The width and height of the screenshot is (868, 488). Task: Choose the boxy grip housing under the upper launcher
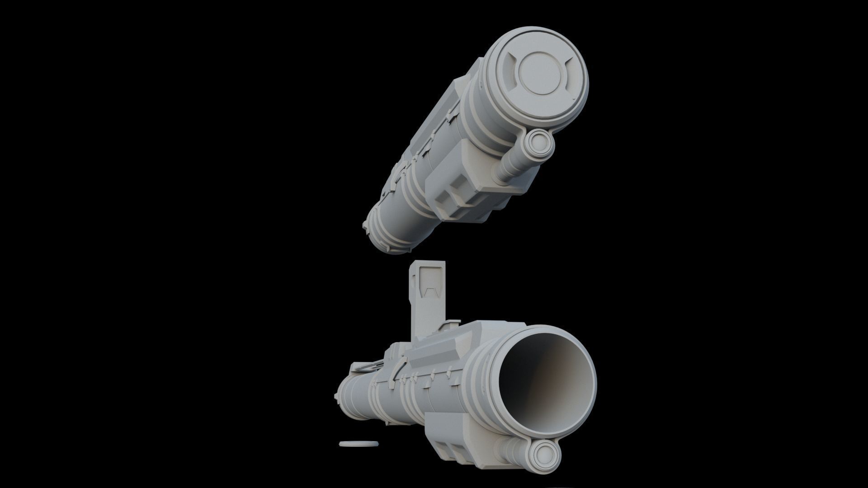[466, 190]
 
